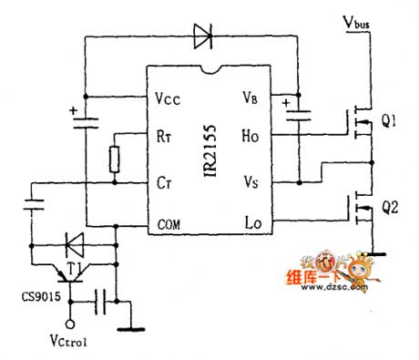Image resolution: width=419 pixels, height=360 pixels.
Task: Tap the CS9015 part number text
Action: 30,297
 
